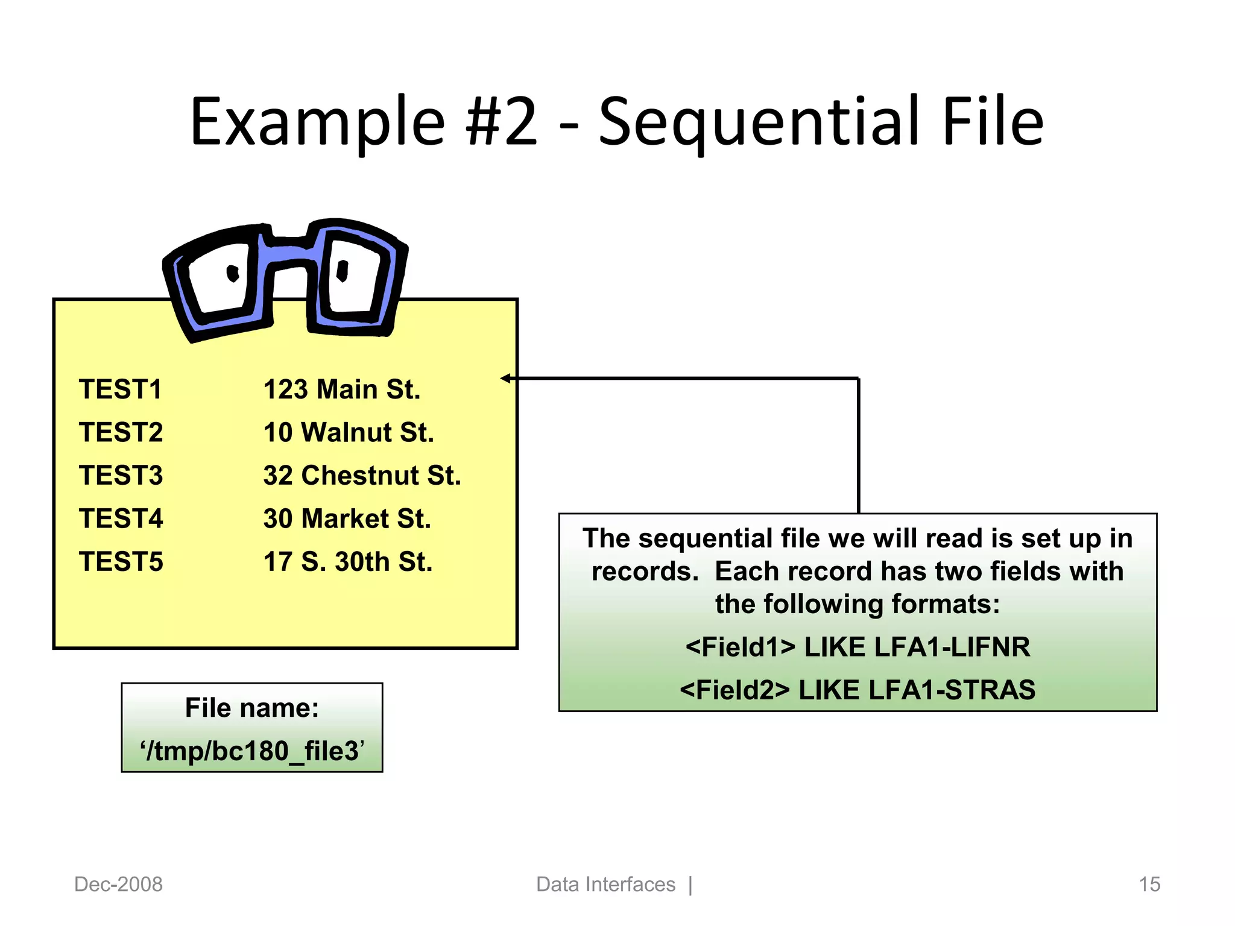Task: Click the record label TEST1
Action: point(121,389)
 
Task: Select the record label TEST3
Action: point(121,476)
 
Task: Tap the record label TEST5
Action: point(121,562)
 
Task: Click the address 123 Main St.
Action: point(341,389)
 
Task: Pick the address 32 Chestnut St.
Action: point(362,476)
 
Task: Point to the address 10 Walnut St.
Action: point(349,433)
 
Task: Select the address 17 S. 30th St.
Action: point(348,562)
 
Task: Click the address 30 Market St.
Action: point(347,519)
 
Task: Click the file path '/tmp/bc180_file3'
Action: point(252,751)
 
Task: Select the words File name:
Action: point(252,708)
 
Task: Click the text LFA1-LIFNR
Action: point(952,647)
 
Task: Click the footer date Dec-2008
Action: point(118,884)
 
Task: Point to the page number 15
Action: point(1149,884)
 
